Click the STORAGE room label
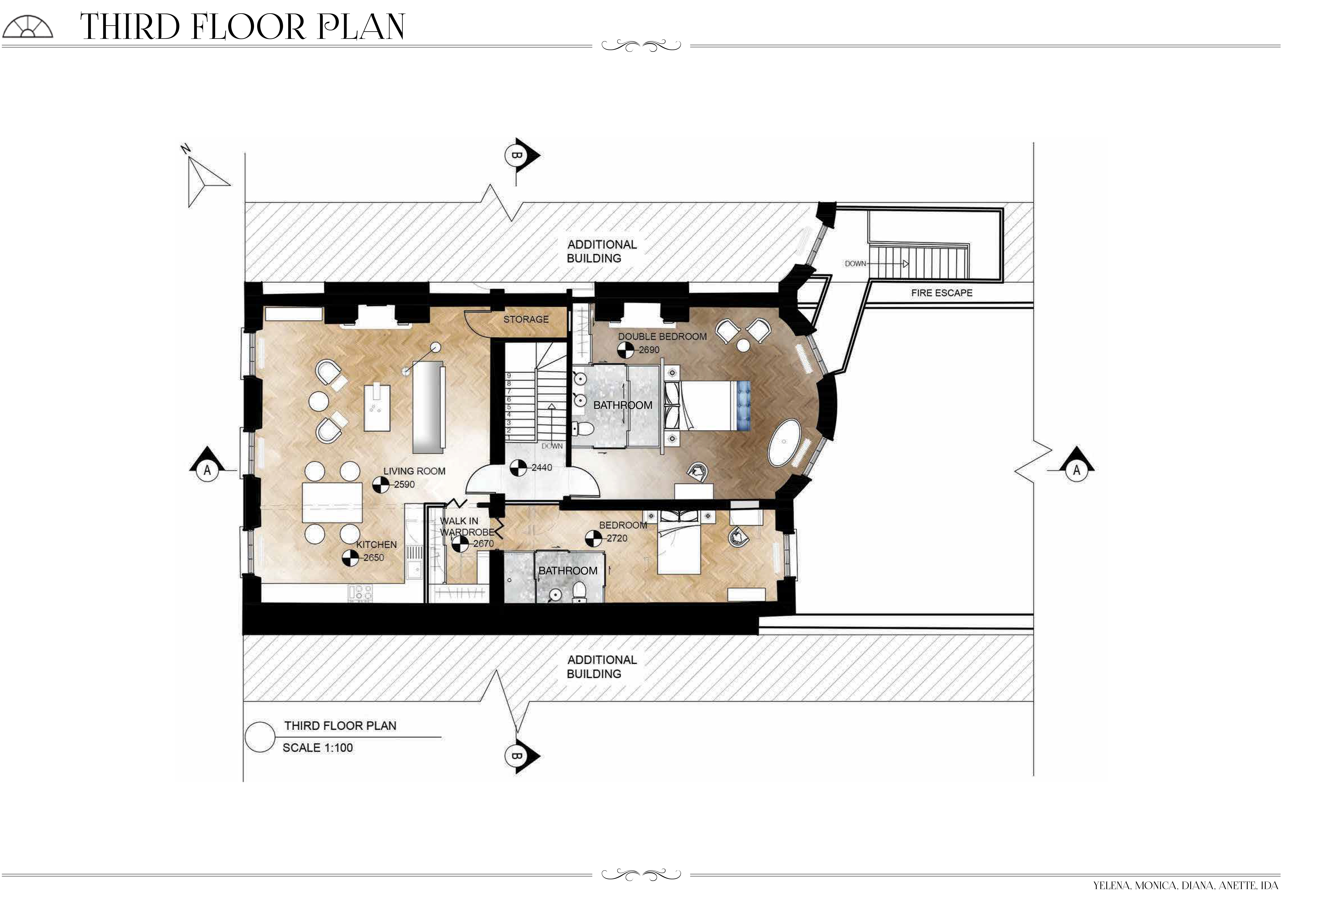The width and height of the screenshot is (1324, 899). (526, 319)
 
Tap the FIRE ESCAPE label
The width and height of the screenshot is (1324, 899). (942, 293)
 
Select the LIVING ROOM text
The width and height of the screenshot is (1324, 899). (414, 471)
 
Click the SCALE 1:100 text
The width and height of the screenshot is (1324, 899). (318, 748)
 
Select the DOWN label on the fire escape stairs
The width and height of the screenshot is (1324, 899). (855, 264)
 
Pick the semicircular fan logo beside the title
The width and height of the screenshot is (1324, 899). (27, 27)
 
